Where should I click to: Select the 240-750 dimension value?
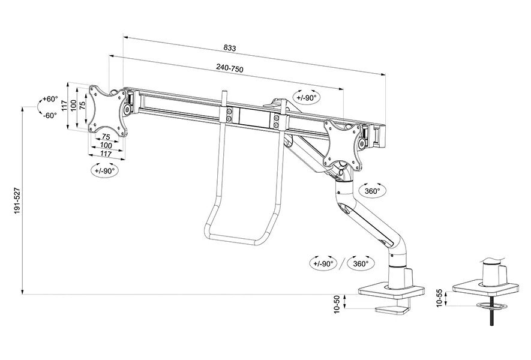(229, 69)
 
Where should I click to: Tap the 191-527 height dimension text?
(18, 200)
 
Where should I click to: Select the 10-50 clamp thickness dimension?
(337, 304)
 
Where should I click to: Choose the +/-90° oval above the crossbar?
(307, 97)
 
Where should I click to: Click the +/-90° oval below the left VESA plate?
(105, 170)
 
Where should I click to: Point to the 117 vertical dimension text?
(64, 107)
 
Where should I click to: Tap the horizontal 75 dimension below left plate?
(106, 137)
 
